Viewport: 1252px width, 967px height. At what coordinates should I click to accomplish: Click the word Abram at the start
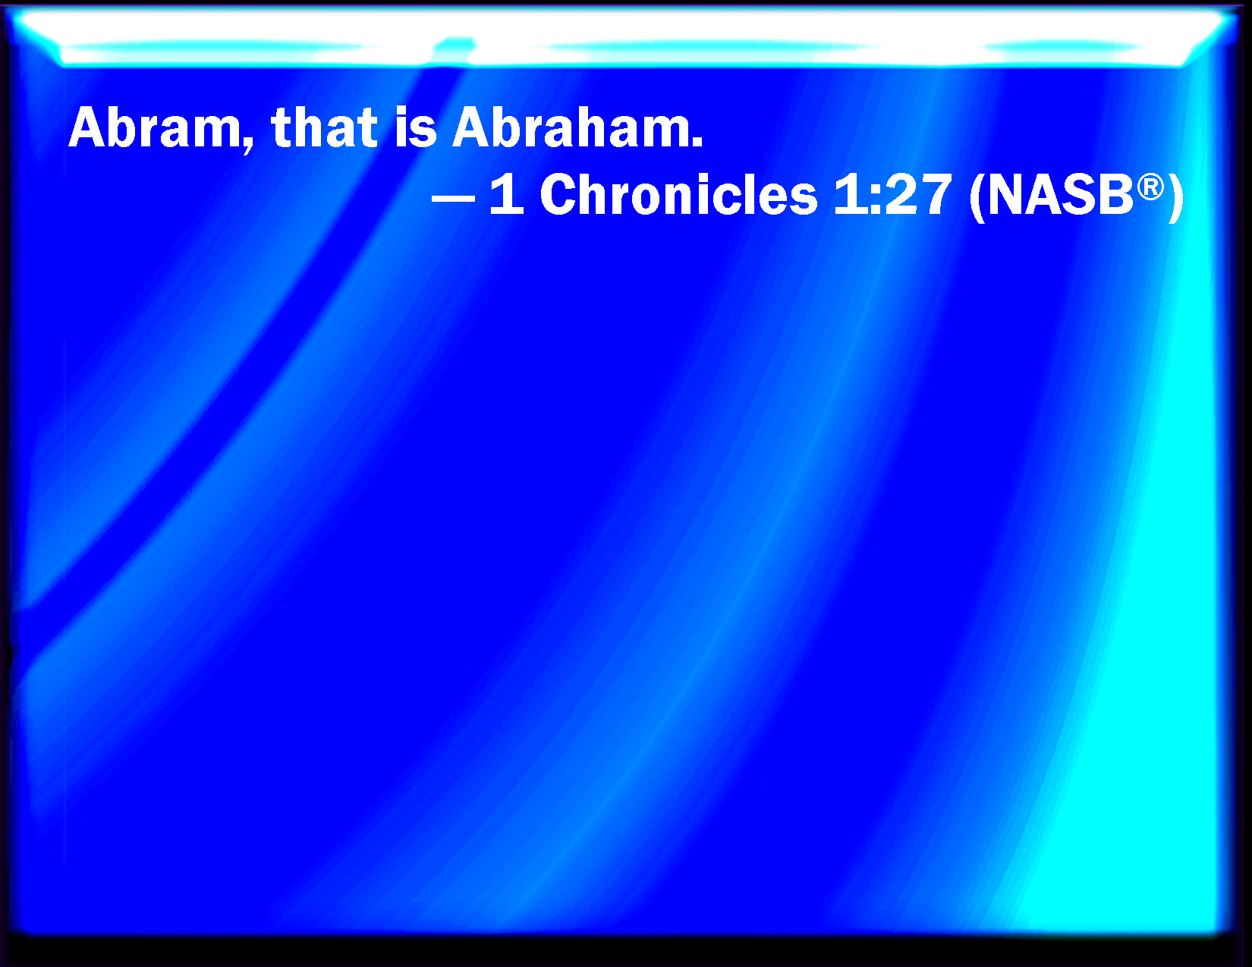pos(154,127)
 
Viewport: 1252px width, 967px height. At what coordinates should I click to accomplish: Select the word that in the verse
pos(324,127)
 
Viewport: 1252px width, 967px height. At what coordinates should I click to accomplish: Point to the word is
pos(415,127)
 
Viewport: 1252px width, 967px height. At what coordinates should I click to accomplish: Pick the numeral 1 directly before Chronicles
pos(507,195)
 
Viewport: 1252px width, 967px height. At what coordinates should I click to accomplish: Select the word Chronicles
pos(678,195)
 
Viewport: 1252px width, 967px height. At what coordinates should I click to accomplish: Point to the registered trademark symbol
pos(1150,189)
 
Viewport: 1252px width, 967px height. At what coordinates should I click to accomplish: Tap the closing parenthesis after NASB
pos(1175,198)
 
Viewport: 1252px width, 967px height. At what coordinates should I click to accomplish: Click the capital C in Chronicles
pos(559,195)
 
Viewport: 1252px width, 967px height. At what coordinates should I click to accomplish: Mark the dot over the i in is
pos(404,111)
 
